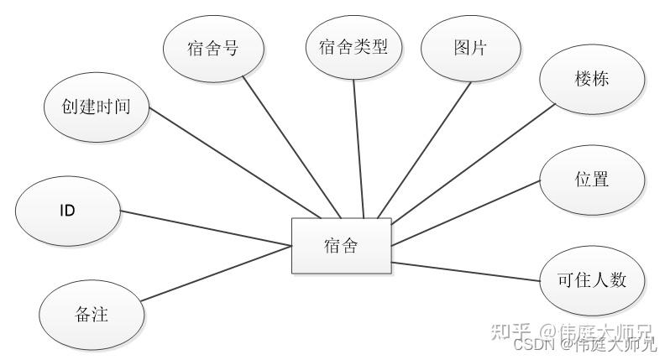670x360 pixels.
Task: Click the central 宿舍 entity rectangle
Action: (x=341, y=245)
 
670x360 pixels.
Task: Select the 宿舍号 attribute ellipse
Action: (x=212, y=48)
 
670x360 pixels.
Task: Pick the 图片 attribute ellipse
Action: (x=469, y=48)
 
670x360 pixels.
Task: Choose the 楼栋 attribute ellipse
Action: (x=592, y=80)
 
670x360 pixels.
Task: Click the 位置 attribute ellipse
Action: (x=593, y=180)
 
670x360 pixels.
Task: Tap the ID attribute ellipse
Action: (x=67, y=210)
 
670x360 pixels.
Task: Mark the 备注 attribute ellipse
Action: (x=92, y=316)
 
